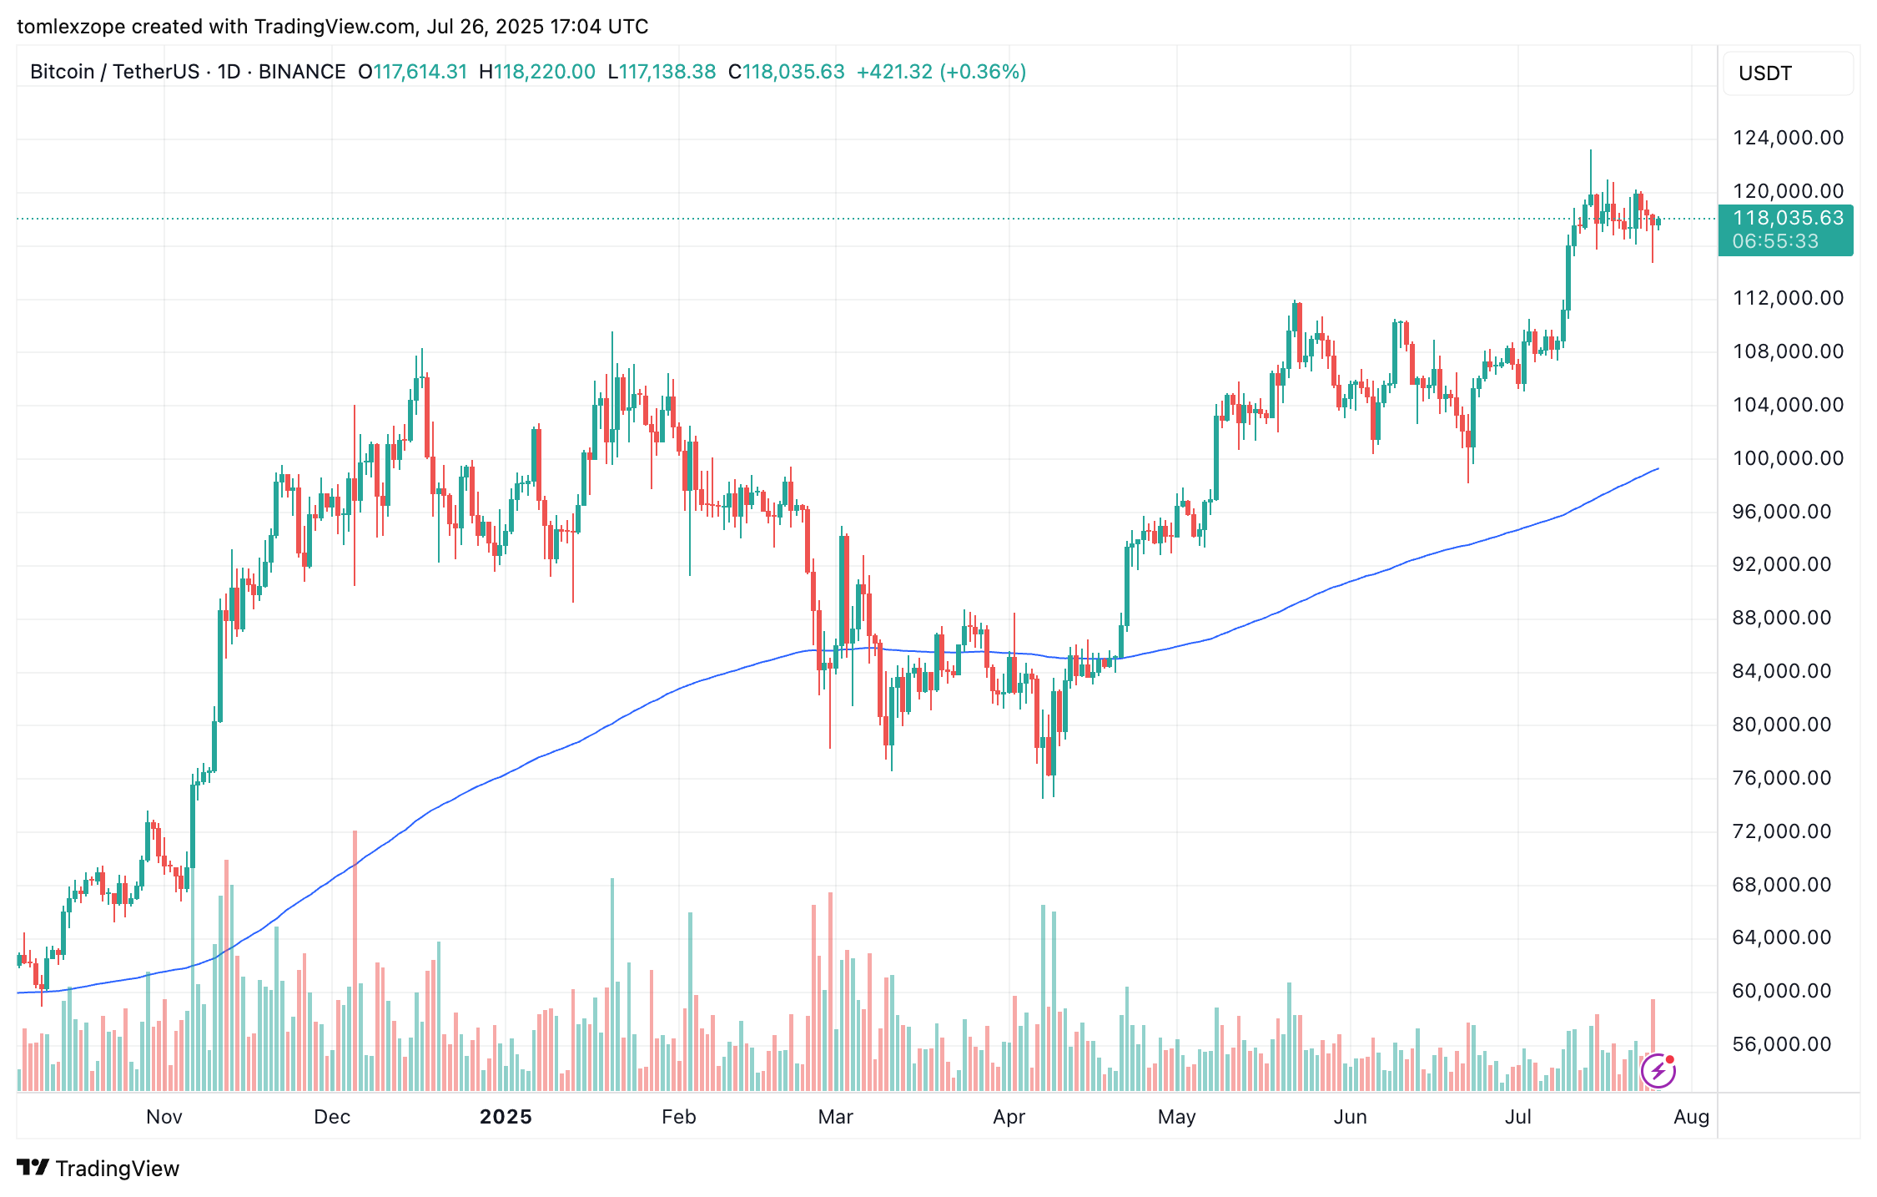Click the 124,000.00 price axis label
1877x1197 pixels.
tap(1788, 138)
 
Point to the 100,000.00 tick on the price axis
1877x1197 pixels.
tap(1788, 458)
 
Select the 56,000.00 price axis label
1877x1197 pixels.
tap(1782, 1044)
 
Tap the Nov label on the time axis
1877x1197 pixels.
tap(164, 1117)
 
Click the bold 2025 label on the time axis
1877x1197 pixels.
tap(506, 1117)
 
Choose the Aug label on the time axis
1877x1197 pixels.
tap(1691, 1117)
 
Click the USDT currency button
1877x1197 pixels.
tap(1787, 73)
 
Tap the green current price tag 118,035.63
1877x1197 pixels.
tap(1788, 219)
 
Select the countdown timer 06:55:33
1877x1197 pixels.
tap(1775, 242)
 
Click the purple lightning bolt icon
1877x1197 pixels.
tap(1658, 1071)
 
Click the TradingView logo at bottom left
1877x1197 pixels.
tap(98, 1168)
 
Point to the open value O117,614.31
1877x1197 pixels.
tap(413, 72)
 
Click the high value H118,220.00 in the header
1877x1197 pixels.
tap(537, 72)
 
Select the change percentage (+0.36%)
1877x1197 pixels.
tap(983, 72)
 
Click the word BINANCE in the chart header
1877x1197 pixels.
tap(302, 72)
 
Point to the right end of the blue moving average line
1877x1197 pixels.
tap(1658, 469)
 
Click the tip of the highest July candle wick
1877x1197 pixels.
tap(1590, 151)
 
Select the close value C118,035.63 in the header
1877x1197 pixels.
tap(787, 72)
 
